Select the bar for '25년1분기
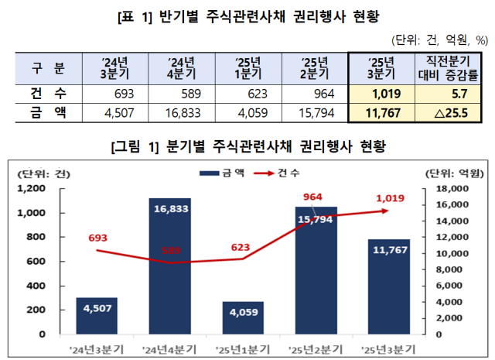[242, 317]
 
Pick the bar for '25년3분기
[389, 286]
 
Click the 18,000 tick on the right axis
[452, 188]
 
